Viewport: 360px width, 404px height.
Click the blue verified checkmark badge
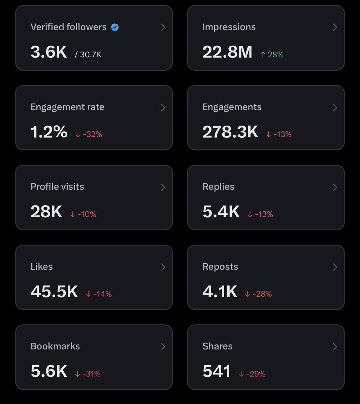click(x=115, y=27)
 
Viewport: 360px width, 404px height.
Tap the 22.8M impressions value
click(x=227, y=52)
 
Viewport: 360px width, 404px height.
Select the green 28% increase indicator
click(x=272, y=55)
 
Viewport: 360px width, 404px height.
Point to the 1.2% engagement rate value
click(x=49, y=132)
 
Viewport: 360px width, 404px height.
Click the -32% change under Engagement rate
click(x=89, y=134)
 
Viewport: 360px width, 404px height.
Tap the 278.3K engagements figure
click(x=230, y=132)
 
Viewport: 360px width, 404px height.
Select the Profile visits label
click(x=57, y=187)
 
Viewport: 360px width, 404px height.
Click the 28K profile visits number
click(x=46, y=212)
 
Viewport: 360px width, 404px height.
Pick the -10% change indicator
click(x=83, y=214)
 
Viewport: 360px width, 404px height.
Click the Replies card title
click(x=218, y=187)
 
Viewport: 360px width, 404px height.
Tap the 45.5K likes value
click(x=54, y=292)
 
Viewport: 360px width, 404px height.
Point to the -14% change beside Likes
click(x=99, y=294)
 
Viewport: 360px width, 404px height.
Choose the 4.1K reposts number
click(x=220, y=292)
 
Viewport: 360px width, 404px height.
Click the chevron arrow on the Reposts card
click(x=335, y=267)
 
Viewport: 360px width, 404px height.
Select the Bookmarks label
click(x=55, y=346)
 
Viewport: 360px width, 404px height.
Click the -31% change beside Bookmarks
click(x=88, y=374)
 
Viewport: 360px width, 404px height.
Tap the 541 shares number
click(x=217, y=371)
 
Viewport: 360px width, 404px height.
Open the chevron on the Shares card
click(x=335, y=347)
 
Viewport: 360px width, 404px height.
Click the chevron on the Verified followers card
click(x=163, y=27)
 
